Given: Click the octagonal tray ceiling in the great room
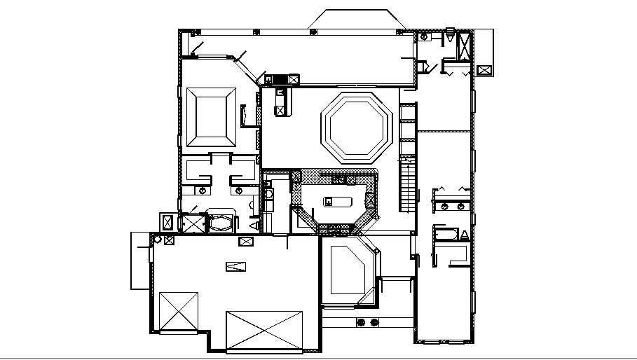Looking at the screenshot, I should point(355,127).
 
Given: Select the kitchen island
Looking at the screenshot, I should point(338,202).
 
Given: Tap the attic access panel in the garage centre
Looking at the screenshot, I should point(237,266).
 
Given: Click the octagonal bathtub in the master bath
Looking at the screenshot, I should point(221,223).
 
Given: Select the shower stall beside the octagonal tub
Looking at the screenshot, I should point(191,223).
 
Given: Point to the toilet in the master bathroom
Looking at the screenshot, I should point(254,225).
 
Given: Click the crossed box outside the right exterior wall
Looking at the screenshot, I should point(484,70).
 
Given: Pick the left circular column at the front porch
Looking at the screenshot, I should point(362,322).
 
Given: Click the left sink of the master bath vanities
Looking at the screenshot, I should point(203,190).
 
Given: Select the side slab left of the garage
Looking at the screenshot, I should point(139,261).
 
